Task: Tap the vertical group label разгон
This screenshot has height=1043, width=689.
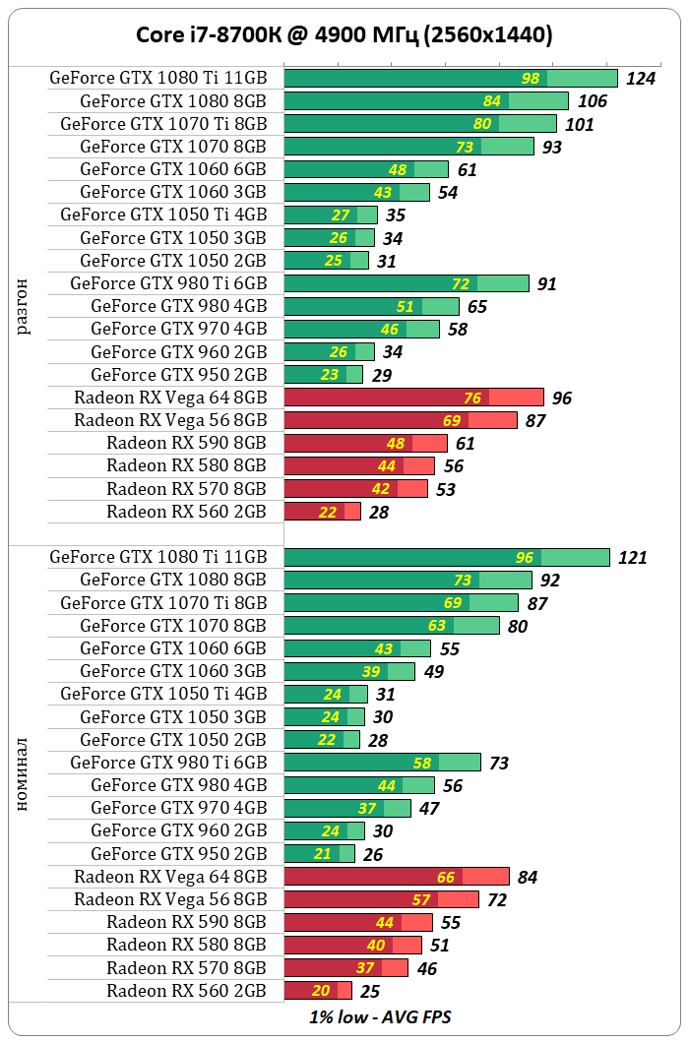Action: (x=23, y=306)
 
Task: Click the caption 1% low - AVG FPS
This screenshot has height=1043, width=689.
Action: (x=381, y=1016)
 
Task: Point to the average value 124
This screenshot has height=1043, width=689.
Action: (x=640, y=79)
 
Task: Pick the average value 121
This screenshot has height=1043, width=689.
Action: (x=632, y=558)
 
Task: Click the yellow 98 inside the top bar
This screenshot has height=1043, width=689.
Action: (x=531, y=79)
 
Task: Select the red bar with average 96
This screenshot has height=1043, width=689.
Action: (x=413, y=398)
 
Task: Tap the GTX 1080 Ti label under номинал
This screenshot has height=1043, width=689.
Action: (x=157, y=557)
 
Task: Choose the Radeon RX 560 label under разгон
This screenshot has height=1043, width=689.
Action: (x=186, y=512)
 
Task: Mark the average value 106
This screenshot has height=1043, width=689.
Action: (x=592, y=101)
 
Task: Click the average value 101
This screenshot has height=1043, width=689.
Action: (x=579, y=124)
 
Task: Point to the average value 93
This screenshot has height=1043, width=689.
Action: (x=552, y=147)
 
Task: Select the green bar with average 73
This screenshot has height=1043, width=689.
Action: (x=382, y=762)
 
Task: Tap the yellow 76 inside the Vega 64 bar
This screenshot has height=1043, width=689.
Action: (x=472, y=398)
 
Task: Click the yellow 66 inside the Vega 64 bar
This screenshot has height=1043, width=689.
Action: (x=446, y=876)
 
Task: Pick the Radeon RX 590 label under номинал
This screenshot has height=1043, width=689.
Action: (x=186, y=922)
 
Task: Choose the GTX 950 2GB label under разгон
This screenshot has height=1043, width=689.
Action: (x=178, y=375)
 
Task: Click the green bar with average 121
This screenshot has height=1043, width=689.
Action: (x=447, y=557)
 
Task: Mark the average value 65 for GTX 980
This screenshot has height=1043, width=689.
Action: (x=476, y=307)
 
